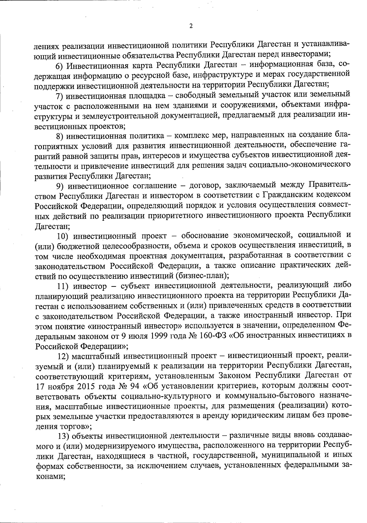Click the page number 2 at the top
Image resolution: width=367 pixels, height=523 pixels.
coord(191,26)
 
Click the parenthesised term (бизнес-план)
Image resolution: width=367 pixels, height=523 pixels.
coord(202,276)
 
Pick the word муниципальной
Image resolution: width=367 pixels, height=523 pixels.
coord(283,456)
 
